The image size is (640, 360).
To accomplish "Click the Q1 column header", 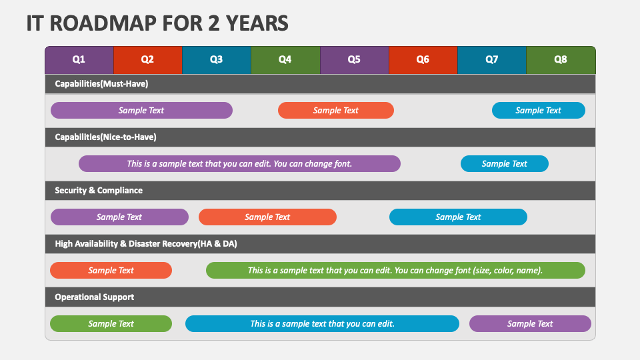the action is (x=79, y=60).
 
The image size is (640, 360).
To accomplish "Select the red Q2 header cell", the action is (x=148, y=60).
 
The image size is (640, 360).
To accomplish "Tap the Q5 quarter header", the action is (x=354, y=60).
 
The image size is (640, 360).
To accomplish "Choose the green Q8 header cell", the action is (x=561, y=60).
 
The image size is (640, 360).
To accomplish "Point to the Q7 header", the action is (x=492, y=60).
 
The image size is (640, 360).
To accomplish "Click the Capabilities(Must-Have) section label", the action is (x=101, y=84).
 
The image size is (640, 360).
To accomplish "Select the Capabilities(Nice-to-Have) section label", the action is (x=106, y=137).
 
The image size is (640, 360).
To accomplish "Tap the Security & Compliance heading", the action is (x=99, y=191).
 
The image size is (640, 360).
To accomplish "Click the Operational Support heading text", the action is (x=94, y=297).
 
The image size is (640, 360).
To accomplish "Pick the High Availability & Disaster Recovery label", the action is (x=146, y=244).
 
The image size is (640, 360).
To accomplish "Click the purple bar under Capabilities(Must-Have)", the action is (x=141, y=110).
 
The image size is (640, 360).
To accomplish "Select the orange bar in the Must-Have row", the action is (x=336, y=110).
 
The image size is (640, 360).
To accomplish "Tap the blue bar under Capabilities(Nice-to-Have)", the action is (x=505, y=164).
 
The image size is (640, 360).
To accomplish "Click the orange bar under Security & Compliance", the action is (x=268, y=217).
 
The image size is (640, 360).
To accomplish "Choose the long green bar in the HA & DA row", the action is (x=395, y=270).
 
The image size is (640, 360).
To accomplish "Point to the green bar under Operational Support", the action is (x=111, y=324).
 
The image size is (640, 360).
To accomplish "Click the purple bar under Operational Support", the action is (x=530, y=324).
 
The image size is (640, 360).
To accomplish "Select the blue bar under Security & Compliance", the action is (x=459, y=217).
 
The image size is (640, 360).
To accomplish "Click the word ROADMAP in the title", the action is (x=106, y=23).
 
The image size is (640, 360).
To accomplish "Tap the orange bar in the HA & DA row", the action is (x=111, y=270).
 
